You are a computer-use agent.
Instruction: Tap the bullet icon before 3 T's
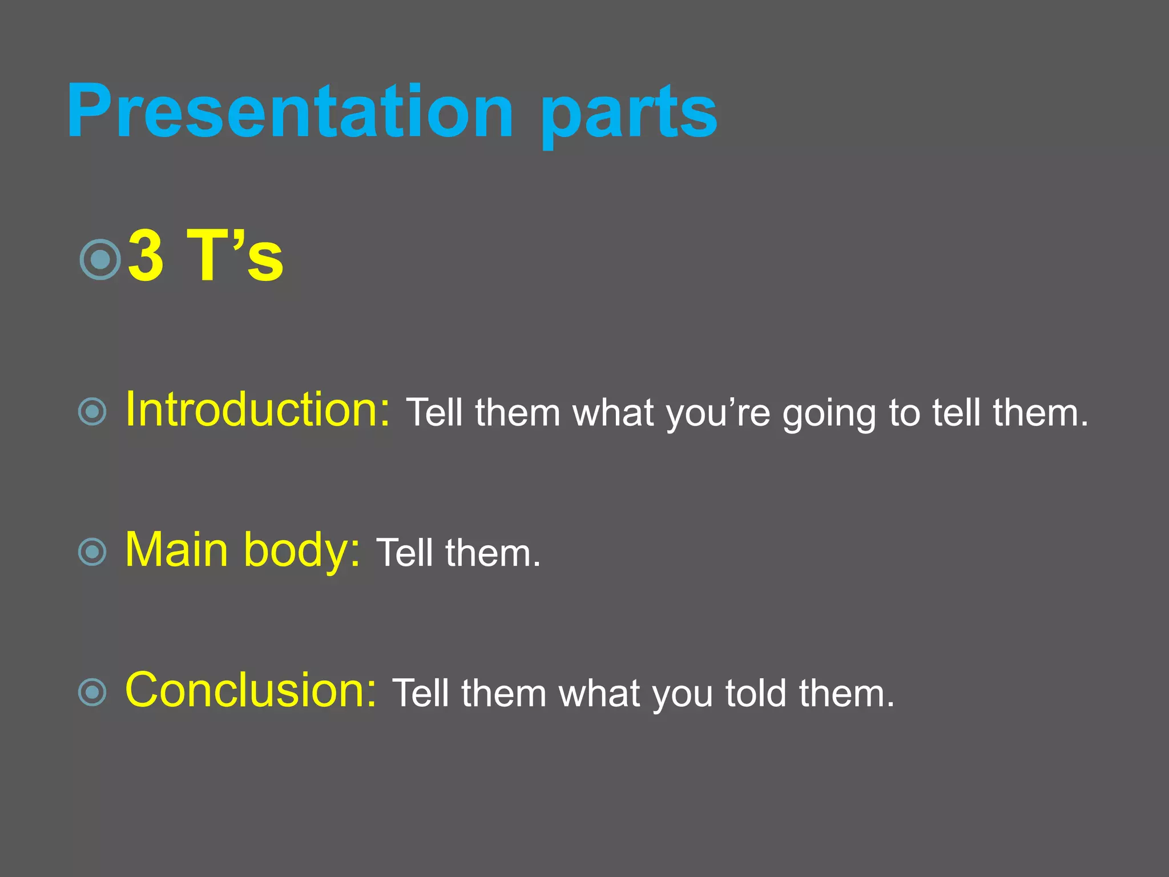click(x=100, y=260)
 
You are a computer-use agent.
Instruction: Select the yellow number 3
click(x=146, y=255)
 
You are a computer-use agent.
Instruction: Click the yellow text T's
click(x=235, y=255)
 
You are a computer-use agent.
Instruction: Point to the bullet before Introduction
click(x=92, y=412)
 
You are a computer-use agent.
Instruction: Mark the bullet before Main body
click(x=92, y=552)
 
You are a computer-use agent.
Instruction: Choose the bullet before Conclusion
click(x=92, y=693)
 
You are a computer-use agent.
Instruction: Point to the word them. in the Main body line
click(x=492, y=553)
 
